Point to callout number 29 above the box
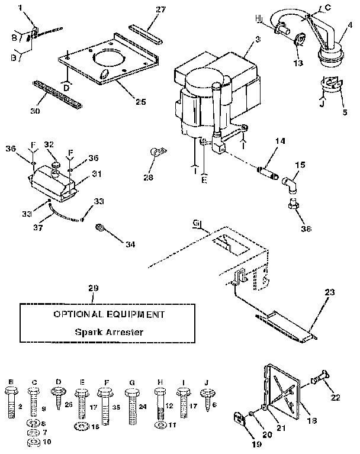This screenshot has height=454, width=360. point(92,288)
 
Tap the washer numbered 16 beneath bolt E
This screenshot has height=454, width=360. point(81,426)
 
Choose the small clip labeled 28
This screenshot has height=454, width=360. point(157,153)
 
